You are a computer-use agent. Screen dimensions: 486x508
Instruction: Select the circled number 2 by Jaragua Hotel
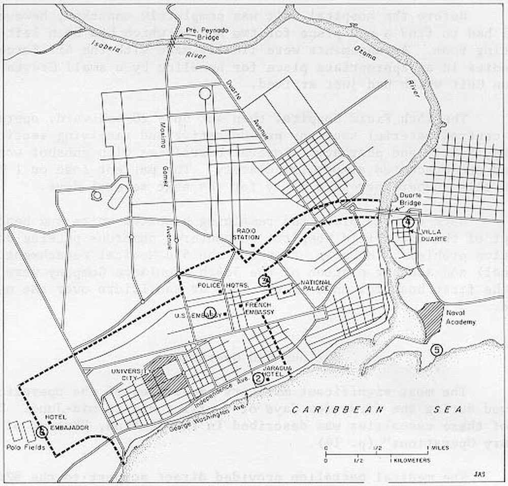pyautogui.click(x=259, y=378)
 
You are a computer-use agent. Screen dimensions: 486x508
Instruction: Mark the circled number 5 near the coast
pyautogui.click(x=436, y=350)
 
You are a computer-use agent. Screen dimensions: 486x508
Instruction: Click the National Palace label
pyautogui.click(x=315, y=286)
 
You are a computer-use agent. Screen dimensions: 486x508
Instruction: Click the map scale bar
pyautogui.click(x=377, y=453)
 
